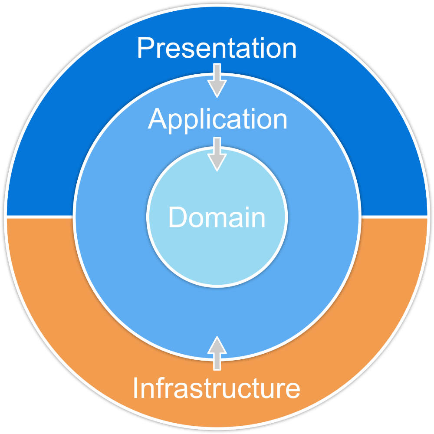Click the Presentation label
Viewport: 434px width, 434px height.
(x=217, y=49)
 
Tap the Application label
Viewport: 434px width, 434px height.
(x=217, y=119)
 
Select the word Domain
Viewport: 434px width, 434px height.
(x=217, y=217)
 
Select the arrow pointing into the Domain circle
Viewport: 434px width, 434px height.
(x=217, y=154)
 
